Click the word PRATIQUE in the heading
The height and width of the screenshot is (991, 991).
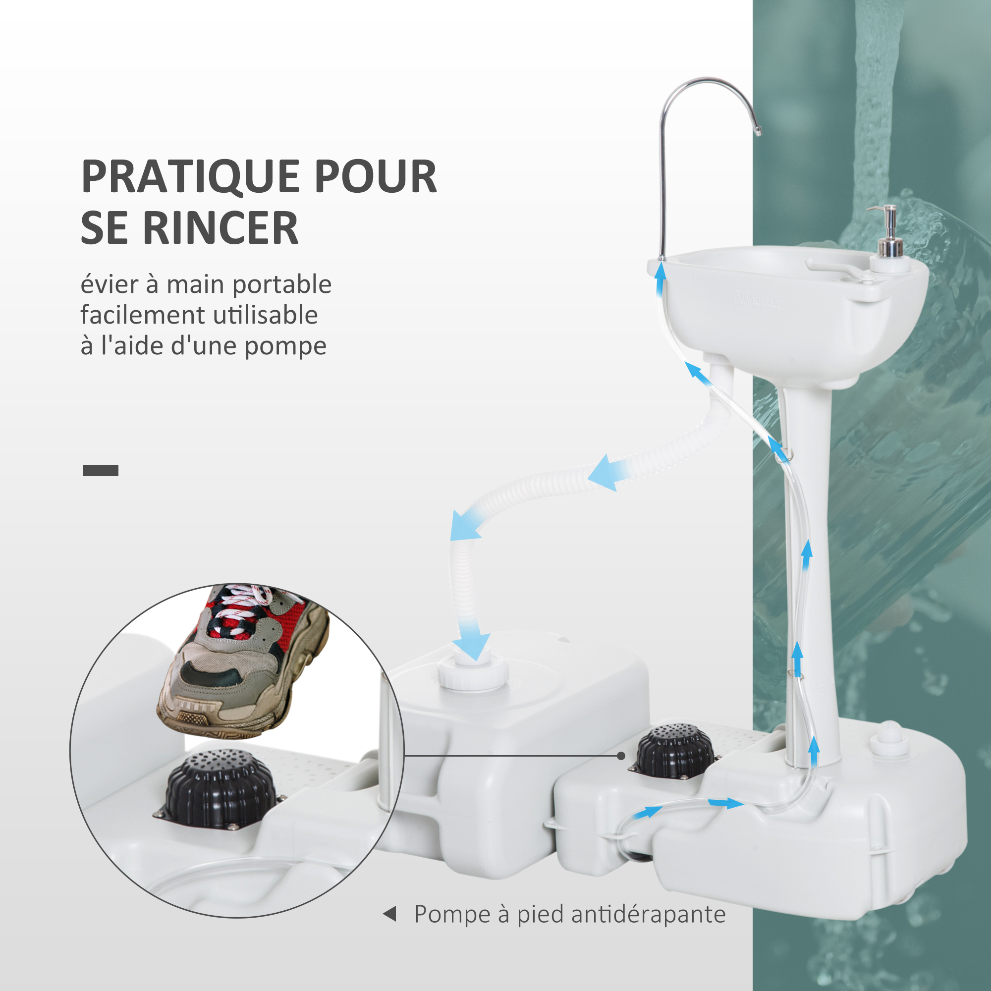pyautogui.click(x=191, y=176)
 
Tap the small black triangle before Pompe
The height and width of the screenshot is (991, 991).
pyautogui.click(x=390, y=914)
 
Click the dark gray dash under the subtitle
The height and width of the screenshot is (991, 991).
pyautogui.click(x=101, y=470)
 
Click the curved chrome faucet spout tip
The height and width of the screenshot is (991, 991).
pyautogui.click(x=758, y=132)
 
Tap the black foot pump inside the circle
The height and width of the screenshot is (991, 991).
pyautogui.click(x=220, y=788)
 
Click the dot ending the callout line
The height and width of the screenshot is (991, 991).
pyautogui.click(x=621, y=756)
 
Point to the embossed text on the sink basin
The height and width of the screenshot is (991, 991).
pyautogui.click(x=756, y=301)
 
